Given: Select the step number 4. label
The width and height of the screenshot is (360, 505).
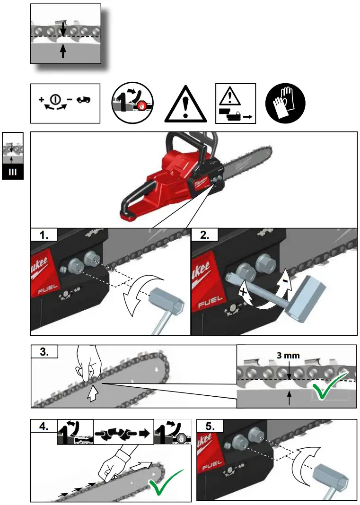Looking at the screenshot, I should [44, 425].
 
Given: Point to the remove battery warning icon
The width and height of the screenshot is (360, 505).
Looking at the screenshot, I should [236, 104].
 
